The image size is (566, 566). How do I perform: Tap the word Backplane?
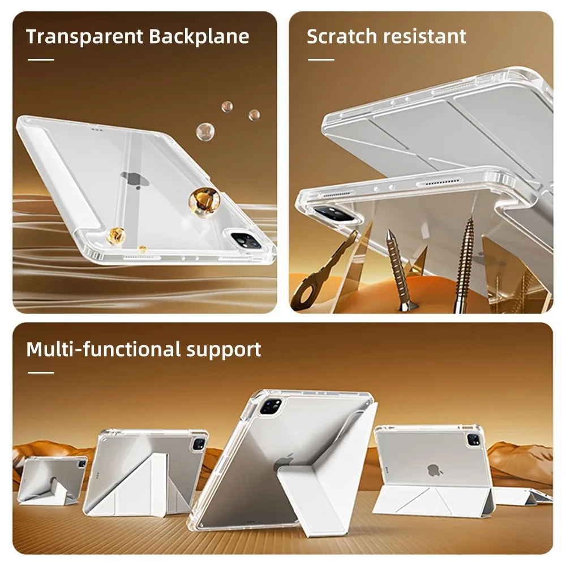(x=199, y=36)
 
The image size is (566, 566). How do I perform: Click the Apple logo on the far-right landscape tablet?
(x=434, y=469)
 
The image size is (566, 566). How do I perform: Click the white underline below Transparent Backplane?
(x=41, y=59)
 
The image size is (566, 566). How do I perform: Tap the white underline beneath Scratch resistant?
(x=320, y=59)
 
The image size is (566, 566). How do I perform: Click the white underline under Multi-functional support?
(x=41, y=372)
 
